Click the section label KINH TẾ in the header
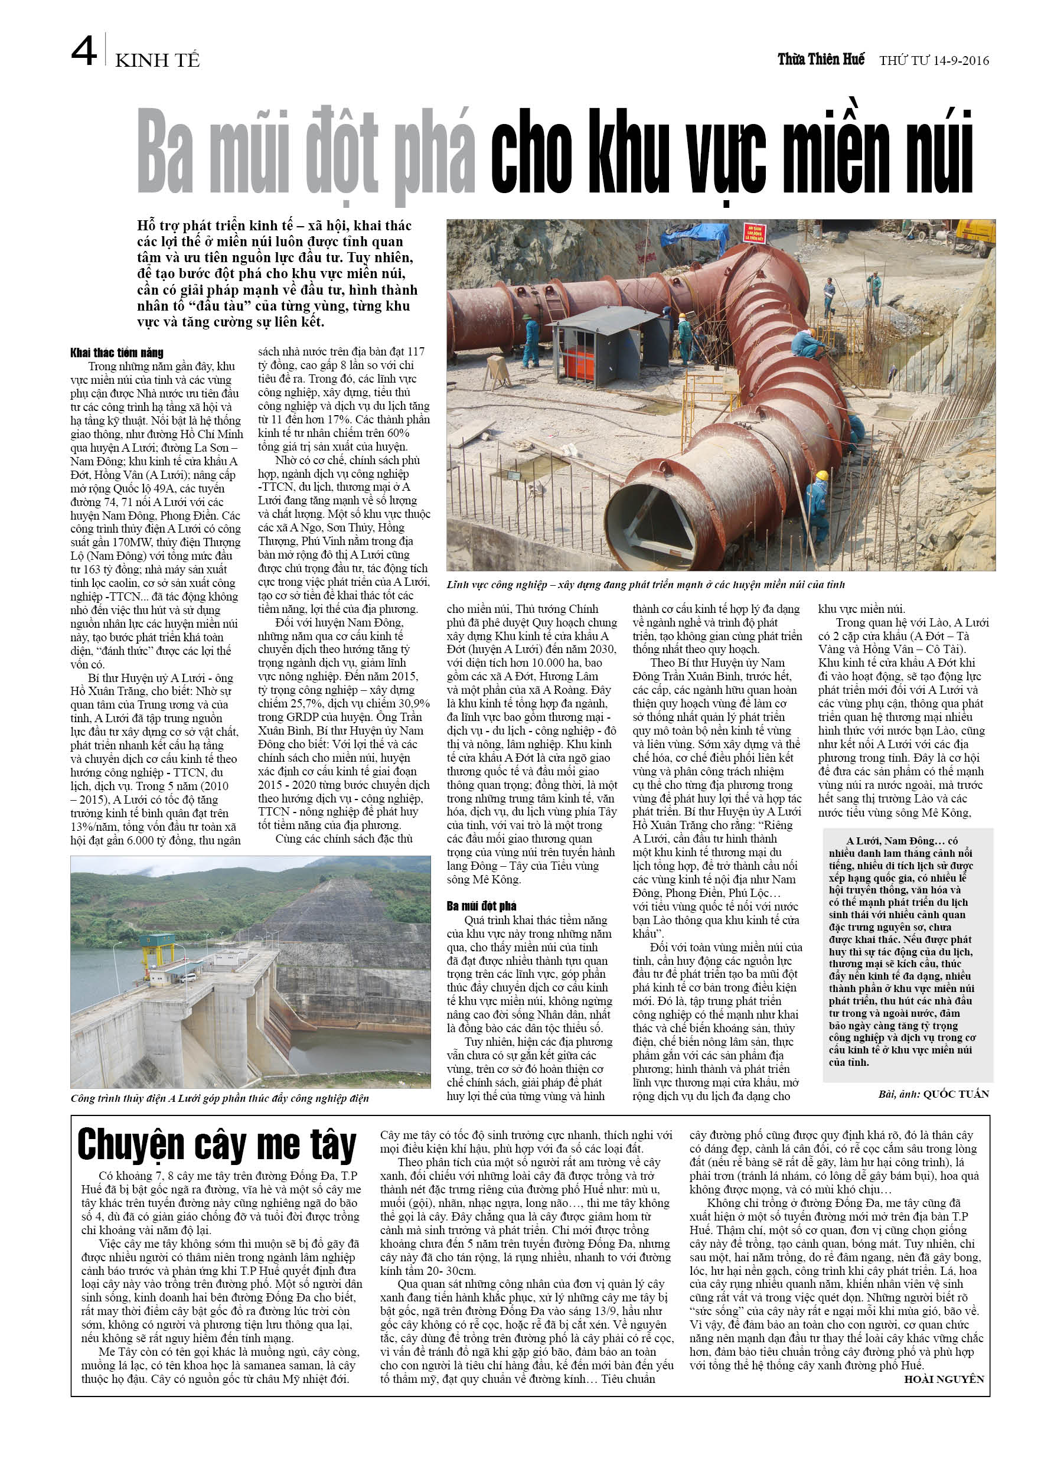tap(157, 60)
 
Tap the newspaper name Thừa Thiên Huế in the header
tap(821, 60)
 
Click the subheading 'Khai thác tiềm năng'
tap(117, 353)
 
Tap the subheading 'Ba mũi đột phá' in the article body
tap(481, 906)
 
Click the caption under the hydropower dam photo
tap(220, 1098)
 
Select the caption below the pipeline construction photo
tap(645, 585)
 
